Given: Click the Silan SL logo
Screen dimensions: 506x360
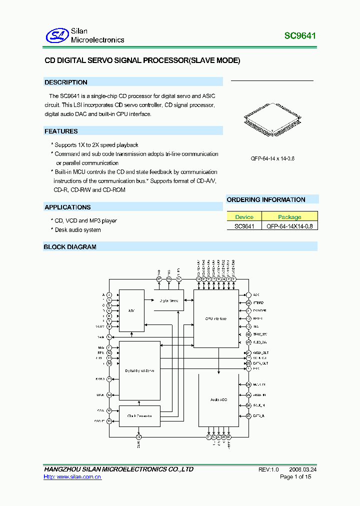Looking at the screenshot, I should [x=56, y=35].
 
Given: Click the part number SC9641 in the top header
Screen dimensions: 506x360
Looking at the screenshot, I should [x=300, y=36].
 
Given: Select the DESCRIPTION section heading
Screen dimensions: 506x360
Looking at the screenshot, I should [x=66, y=82].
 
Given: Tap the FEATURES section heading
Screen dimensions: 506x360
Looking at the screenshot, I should [x=61, y=131].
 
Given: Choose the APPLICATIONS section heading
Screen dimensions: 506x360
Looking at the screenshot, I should [x=67, y=207].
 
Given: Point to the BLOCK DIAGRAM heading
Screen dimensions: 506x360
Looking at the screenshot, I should [x=70, y=247].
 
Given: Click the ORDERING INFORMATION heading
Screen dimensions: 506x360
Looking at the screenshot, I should [x=266, y=200].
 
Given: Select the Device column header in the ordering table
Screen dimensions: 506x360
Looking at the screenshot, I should [x=244, y=217].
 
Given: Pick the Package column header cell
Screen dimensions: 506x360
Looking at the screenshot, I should [x=289, y=217].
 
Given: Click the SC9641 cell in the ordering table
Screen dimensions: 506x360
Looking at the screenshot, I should [x=244, y=226].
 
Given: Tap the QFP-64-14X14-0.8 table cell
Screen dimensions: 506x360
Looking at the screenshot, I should [x=289, y=226].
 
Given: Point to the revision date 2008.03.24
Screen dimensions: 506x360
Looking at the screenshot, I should [x=302, y=469].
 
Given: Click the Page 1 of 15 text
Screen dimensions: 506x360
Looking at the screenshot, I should [x=295, y=477].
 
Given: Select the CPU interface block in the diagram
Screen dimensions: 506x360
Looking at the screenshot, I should [x=216, y=318].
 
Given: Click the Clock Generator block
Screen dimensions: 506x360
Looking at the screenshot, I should [x=139, y=416].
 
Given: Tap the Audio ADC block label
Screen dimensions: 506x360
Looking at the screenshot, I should [x=218, y=400].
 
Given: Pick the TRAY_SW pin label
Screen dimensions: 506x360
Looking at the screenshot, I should [x=260, y=334].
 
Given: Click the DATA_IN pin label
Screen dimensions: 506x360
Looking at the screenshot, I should [x=259, y=415].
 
